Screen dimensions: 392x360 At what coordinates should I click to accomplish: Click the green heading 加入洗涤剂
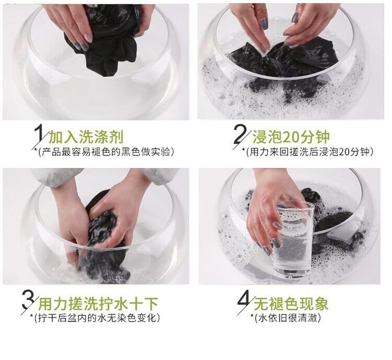pyautogui.click(x=86, y=137)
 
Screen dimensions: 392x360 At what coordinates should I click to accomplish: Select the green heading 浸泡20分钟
pyautogui.click(x=291, y=137)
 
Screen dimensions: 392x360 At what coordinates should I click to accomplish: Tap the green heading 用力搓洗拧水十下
pyautogui.click(x=98, y=303)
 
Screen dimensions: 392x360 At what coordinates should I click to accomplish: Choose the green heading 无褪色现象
pyautogui.click(x=291, y=303)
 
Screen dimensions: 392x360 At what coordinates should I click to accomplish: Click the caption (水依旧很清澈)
pyautogui.click(x=286, y=318)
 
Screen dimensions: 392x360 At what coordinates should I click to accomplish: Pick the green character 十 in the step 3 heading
pyautogui.click(x=136, y=303)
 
